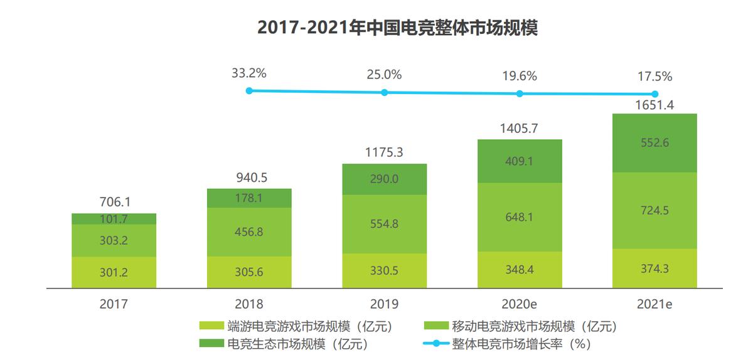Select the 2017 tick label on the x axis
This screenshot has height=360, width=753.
click(x=114, y=304)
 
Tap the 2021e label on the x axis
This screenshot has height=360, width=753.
click(x=654, y=304)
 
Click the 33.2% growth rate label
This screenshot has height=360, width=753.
click(x=249, y=73)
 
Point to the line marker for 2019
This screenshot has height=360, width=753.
click(x=385, y=92)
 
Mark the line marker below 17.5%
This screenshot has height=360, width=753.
click(x=654, y=95)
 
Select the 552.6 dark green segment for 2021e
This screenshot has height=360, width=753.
click(x=654, y=143)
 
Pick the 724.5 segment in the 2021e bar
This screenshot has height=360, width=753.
click(x=654, y=210)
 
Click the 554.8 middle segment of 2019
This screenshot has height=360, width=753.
click(x=385, y=224)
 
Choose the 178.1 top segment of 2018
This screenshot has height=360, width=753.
click(x=249, y=198)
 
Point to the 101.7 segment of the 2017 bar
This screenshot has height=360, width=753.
click(x=114, y=219)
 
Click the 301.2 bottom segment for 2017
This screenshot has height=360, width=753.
click(x=114, y=272)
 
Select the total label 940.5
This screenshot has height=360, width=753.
click(x=249, y=178)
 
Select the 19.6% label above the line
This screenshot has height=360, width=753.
click(x=520, y=77)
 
